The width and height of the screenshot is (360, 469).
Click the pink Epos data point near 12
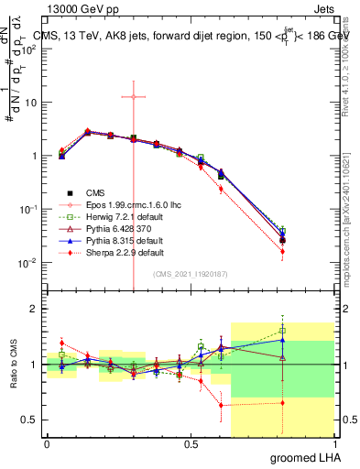(x=134, y=96)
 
